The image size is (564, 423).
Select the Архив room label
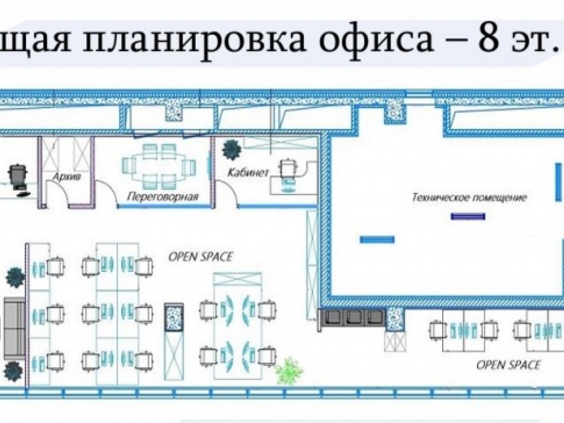(67, 177)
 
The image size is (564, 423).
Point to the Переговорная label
(164, 197)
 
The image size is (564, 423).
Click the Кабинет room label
(248, 173)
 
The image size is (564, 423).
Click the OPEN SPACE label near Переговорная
(201, 257)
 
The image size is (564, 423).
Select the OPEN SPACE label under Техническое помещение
(508, 365)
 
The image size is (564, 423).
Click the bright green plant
(289, 371)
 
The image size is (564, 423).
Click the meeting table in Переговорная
(158, 166)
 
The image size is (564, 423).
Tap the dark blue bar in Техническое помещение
(468, 216)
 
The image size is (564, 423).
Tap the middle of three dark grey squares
(354, 317)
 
